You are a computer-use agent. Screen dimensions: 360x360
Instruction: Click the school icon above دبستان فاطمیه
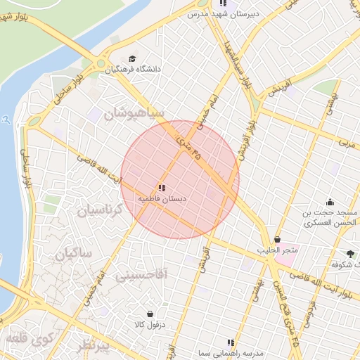click(162, 188)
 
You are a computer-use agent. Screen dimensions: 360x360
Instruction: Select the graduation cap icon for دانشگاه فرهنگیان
click(134, 59)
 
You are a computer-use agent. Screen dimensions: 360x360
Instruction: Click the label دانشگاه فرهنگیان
click(134, 70)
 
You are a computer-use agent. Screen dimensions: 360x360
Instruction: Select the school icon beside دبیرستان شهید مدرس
click(223, 4)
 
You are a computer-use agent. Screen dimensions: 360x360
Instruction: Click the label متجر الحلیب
click(277, 250)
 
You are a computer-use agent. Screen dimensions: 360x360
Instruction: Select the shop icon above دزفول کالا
click(149, 314)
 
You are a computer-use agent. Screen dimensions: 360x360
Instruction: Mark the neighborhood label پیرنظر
click(94, 346)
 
